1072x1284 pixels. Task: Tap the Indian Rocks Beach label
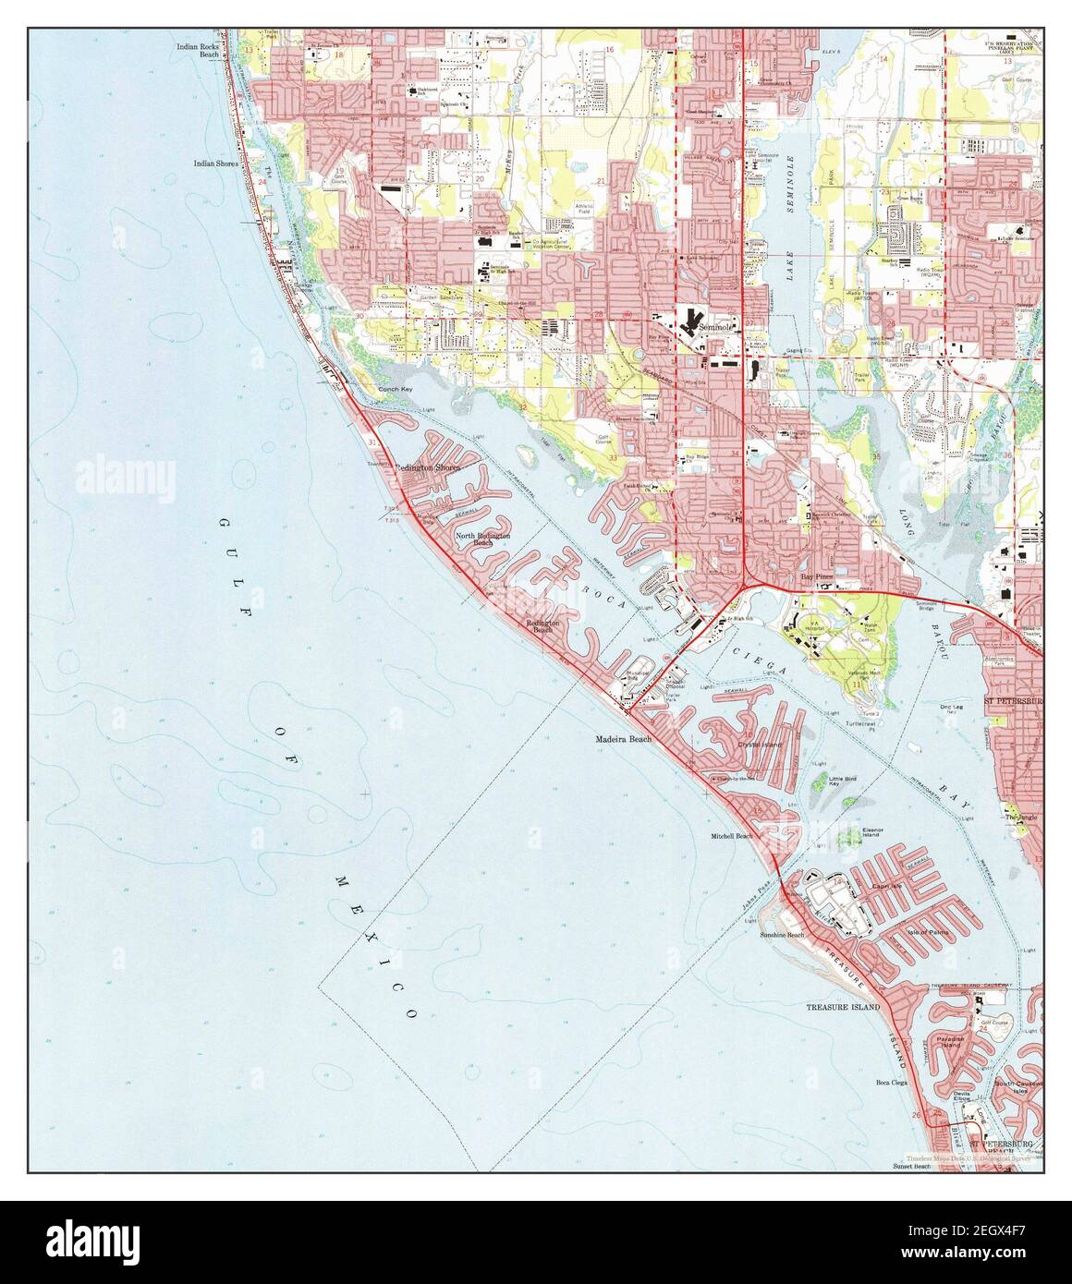(197, 49)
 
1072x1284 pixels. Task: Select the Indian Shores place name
(215, 164)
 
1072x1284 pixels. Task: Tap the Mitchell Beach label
(733, 836)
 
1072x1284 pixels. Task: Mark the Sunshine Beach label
(782, 936)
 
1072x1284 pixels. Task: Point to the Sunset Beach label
(911, 1167)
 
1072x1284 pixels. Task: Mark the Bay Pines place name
(816, 575)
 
